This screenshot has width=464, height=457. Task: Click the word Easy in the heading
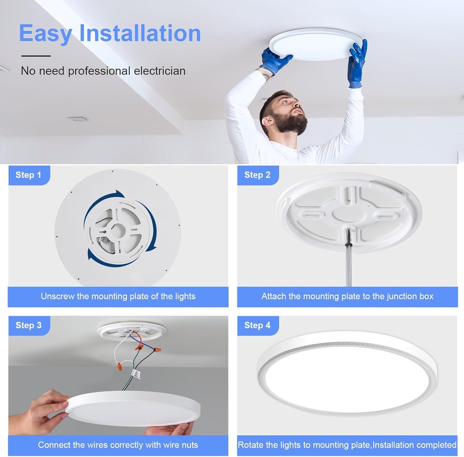point(45,34)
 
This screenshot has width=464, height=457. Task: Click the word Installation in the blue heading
point(140,34)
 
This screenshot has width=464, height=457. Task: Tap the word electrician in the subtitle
point(159,71)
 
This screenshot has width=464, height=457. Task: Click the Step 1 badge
point(28,175)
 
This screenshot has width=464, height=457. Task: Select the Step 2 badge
point(257,175)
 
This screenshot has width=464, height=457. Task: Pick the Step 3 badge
point(28,325)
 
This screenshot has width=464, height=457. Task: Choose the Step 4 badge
point(257,325)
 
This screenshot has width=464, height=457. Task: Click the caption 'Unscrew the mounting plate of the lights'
point(118,297)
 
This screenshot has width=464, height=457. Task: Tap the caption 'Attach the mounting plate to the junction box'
point(347,297)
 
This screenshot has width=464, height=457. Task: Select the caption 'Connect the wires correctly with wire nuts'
point(118,445)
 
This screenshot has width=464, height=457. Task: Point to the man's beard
point(290,123)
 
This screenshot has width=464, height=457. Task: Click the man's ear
point(267,121)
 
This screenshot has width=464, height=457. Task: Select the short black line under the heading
point(36,56)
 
